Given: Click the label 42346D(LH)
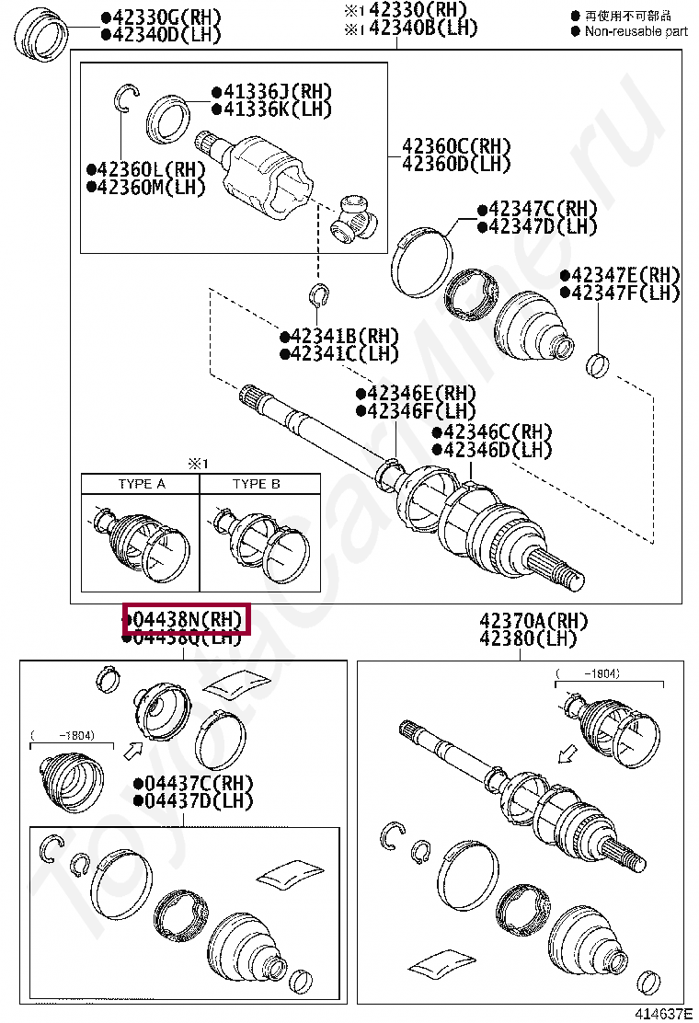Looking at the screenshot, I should [x=498, y=450].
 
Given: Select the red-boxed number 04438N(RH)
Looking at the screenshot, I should [x=187, y=620].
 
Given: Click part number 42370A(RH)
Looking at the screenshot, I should [x=533, y=622].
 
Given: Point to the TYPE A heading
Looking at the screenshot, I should [x=141, y=484].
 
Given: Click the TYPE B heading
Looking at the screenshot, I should [x=257, y=484].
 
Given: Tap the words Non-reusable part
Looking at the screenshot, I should [x=636, y=30].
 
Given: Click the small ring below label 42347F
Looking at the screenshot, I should [x=598, y=365].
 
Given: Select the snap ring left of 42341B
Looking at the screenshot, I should [x=320, y=295].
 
